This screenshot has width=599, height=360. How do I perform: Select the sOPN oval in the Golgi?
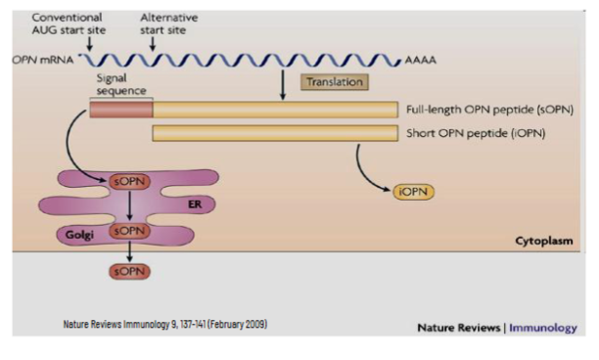click(x=129, y=232)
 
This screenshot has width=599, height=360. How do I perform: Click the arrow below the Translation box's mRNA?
click(x=282, y=86)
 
